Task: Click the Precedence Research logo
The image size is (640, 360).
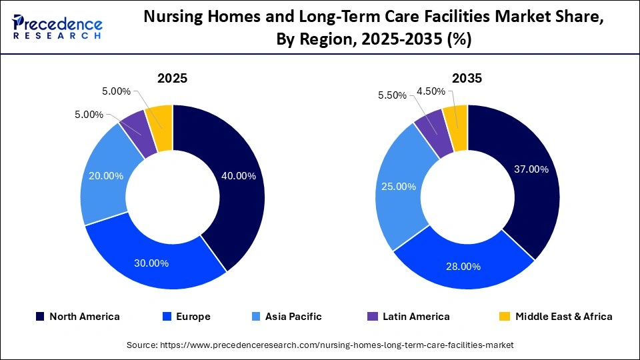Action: (x=57, y=27)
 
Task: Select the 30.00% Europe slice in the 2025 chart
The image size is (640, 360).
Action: (x=153, y=263)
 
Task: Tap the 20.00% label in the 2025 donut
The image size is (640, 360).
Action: (x=106, y=176)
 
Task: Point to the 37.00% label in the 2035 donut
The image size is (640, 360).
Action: (x=531, y=169)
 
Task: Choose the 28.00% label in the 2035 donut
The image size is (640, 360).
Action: (x=463, y=266)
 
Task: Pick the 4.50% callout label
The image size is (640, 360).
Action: (x=431, y=91)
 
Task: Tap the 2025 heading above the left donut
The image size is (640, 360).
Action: (x=172, y=79)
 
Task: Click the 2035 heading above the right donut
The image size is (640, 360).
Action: (x=467, y=79)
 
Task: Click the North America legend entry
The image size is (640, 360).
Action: (x=77, y=317)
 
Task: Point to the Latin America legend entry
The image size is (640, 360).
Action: (x=409, y=317)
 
